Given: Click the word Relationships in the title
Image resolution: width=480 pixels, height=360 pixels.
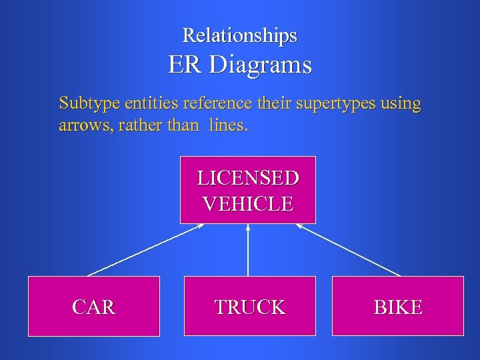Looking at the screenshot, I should coord(240,35).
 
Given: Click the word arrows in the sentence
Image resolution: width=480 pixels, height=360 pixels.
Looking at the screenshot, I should coord(82,125).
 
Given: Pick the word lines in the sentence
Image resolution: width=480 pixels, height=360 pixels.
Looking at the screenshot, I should coord(227,125).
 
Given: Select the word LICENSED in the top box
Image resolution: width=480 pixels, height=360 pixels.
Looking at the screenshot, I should coord(248,178).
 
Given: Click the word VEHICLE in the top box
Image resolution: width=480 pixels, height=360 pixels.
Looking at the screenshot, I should coord(248,203).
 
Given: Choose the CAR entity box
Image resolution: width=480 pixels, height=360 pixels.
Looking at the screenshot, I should coord(94,307).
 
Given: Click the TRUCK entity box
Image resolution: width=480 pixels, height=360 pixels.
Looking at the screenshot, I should coord(249,307).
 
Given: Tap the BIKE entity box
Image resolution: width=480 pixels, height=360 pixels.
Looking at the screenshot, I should coord(397,307).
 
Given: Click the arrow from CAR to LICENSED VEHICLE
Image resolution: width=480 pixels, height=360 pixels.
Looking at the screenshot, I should coord(145,249).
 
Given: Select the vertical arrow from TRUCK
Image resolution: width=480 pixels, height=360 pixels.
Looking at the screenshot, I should coord(248,250).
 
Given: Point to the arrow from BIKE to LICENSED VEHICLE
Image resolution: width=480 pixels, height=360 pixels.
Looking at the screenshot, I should coord(348,249).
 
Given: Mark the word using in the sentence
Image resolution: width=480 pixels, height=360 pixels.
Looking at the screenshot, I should coord(401,104).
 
